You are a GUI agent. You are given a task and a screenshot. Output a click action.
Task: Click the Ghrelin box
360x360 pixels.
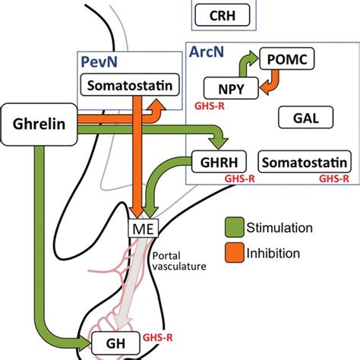pyautogui.click(x=39, y=125)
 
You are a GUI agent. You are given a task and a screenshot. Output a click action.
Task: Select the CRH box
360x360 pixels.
pyautogui.click(x=223, y=15)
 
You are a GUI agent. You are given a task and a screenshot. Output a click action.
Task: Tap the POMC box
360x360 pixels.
pyautogui.click(x=287, y=58)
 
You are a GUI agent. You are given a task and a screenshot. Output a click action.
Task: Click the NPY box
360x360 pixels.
pyautogui.click(x=231, y=88)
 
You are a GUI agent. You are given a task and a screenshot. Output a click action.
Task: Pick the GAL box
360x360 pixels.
pyautogui.click(x=305, y=118)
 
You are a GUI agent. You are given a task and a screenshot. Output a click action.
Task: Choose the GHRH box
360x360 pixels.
pyautogui.click(x=219, y=162)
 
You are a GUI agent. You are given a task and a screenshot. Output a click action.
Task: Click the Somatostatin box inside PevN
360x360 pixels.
pyautogui.click(x=130, y=85)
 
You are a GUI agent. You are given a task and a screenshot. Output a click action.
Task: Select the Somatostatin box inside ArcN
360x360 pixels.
pyautogui.click(x=305, y=162)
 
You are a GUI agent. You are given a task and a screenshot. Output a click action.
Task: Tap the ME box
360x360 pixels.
pyautogui.click(x=144, y=228)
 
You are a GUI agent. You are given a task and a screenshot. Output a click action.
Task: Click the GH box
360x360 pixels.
pyautogui.click(x=115, y=343)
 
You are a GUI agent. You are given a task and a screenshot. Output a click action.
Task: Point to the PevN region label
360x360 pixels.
pyautogui.click(x=99, y=62)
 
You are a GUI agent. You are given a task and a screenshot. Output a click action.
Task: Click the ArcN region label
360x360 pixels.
pyautogui.click(x=207, y=52)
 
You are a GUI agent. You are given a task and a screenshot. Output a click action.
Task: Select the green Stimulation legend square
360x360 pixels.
pyautogui.click(x=235, y=227)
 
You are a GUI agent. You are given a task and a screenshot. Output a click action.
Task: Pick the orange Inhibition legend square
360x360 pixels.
pyautogui.click(x=235, y=252)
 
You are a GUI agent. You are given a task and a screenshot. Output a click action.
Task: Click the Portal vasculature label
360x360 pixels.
pyautogui.click(x=179, y=261)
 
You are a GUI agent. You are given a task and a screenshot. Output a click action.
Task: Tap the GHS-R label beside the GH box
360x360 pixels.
pyautogui.click(x=158, y=337)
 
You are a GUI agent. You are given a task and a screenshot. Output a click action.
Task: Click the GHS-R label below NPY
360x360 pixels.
pyautogui.click(x=210, y=106)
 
